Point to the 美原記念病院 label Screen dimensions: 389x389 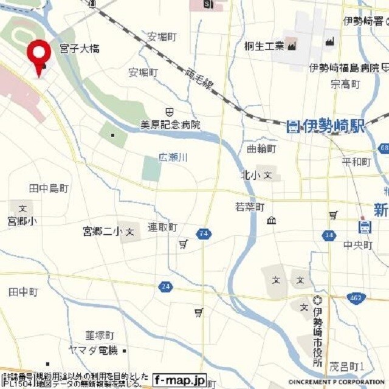pyautogui.click(x=170, y=125)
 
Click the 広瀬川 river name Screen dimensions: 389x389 pyautogui.click(x=173, y=157)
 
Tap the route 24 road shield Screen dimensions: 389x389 pyautogui.click(x=165, y=286)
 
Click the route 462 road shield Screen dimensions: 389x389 pyautogui.click(x=357, y=297)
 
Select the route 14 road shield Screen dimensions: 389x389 pyautogui.click(x=329, y=235)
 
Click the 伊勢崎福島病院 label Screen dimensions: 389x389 pyautogui.click(x=344, y=67)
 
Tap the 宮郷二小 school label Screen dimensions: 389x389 pyautogui.click(x=103, y=232)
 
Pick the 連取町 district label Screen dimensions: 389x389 pyautogui.click(x=162, y=227)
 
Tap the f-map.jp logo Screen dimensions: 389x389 pyautogui.click(x=179, y=379)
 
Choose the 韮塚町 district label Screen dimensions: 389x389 pyautogui.click(x=100, y=335)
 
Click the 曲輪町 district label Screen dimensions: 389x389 pyautogui.click(x=262, y=148)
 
